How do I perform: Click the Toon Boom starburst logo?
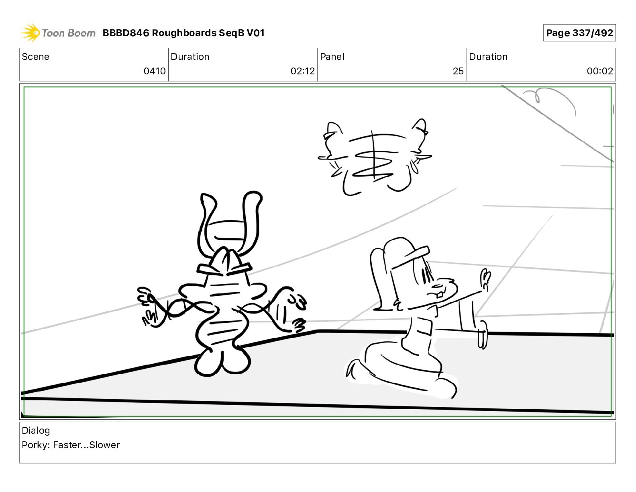pyautogui.click(x=31, y=33)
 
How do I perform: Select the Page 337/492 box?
pyautogui.click(x=579, y=33)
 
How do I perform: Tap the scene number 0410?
pyautogui.click(x=155, y=71)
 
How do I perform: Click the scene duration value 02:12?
pyautogui.click(x=303, y=71)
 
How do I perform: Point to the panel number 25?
pyautogui.click(x=458, y=71)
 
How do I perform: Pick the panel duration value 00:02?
pyautogui.click(x=600, y=71)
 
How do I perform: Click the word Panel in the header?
pyautogui.click(x=332, y=57)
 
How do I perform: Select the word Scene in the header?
pyautogui.click(x=35, y=57)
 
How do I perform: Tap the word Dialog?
pyautogui.click(x=36, y=430)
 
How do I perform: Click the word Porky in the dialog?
pyautogui.click(x=35, y=445)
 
